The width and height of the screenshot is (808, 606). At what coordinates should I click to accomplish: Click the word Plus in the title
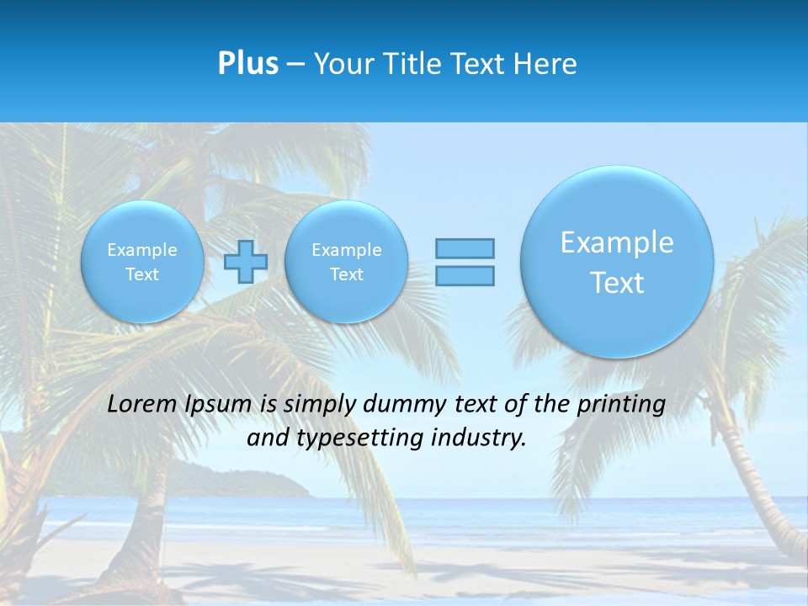(x=247, y=63)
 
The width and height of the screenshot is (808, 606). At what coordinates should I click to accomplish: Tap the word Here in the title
(x=546, y=63)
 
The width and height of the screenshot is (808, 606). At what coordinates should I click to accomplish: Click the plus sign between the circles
(x=246, y=262)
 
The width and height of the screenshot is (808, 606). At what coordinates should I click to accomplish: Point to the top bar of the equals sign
(x=465, y=248)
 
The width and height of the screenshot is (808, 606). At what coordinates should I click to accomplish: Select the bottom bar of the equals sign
(x=465, y=275)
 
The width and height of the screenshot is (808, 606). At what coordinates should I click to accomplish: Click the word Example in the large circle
(x=617, y=242)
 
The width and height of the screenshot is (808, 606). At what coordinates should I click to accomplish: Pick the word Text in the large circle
(x=617, y=283)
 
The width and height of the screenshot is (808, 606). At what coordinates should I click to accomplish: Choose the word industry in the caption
(x=482, y=439)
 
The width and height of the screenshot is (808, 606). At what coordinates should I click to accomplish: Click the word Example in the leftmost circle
(x=142, y=250)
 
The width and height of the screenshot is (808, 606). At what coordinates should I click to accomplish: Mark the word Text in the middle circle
(x=346, y=274)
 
